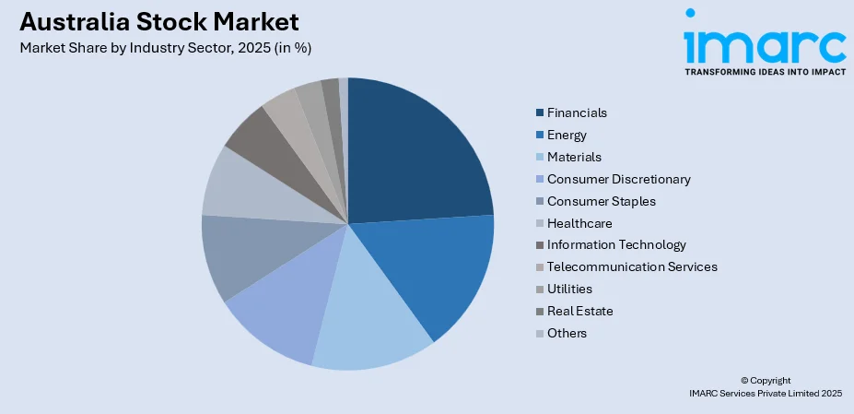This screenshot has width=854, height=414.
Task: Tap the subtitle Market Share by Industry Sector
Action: (165, 48)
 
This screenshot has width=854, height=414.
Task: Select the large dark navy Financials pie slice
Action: (415, 157)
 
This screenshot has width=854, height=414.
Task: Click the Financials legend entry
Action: (577, 112)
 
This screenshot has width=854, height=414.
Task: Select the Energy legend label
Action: (567, 135)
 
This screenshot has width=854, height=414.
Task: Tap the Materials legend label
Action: (573, 157)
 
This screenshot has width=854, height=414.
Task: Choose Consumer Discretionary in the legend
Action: (618, 179)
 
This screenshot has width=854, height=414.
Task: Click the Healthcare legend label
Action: (579, 223)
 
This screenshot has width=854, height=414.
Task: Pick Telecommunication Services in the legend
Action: (632, 267)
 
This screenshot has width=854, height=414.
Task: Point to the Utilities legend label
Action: (569, 290)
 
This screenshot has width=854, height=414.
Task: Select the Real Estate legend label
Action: (579, 312)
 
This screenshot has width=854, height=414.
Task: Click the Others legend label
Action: (567, 334)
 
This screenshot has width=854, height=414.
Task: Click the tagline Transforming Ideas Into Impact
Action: (764, 70)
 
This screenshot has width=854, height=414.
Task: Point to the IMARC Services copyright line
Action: (765, 394)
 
